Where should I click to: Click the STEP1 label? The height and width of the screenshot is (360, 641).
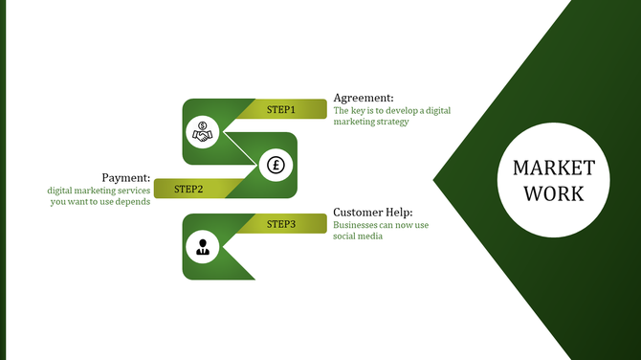click(280, 110)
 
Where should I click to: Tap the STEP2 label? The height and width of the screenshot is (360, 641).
click(188, 189)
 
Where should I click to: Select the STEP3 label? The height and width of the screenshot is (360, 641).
click(280, 224)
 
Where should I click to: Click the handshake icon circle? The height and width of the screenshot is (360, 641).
click(202, 133)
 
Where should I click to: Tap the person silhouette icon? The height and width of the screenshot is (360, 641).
click(202, 247)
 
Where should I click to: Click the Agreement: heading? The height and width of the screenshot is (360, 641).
click(363, 98)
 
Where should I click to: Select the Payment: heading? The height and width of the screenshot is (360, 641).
click(126, 177)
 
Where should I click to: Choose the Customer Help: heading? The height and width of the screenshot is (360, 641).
click(373, 213)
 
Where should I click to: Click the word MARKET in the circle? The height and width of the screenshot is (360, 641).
click(553, 169)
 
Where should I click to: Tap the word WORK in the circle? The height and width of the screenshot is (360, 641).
click(553, 193)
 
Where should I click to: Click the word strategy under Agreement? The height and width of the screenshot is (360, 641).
click(390, 122)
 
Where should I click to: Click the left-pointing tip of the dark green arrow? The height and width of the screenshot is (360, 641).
click(435, 180)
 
